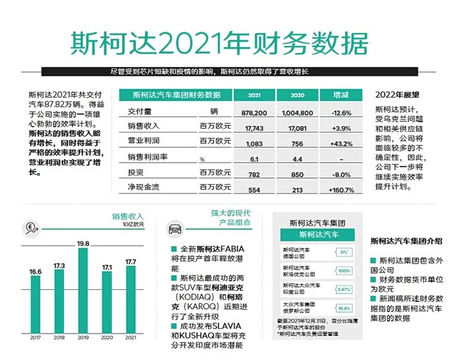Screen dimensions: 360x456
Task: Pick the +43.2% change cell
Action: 341,143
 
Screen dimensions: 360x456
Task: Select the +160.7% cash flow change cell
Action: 340,189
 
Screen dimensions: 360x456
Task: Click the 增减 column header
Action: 341,96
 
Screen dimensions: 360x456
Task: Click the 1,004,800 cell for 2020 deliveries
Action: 297,112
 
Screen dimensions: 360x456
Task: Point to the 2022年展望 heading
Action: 396,96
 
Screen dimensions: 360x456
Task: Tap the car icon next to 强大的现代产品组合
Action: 176,229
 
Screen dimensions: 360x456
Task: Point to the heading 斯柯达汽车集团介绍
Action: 406,241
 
